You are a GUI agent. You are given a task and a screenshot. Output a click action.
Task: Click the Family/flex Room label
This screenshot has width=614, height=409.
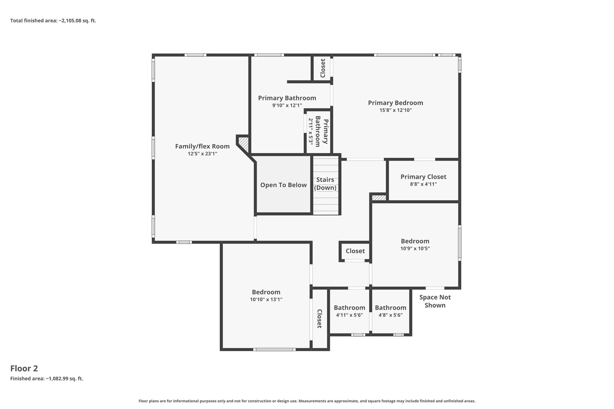point(202,147)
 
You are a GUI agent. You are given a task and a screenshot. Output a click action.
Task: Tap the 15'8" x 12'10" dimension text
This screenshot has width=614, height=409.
point(395,110)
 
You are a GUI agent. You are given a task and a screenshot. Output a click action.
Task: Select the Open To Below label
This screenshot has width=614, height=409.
point(283,185)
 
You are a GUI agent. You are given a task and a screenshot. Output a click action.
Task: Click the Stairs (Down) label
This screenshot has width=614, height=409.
point(325,184)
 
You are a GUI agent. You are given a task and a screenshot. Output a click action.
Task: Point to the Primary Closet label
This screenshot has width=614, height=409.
point(423,177)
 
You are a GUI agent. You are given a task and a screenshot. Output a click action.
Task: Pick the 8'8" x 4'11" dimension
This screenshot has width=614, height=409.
point(423,184)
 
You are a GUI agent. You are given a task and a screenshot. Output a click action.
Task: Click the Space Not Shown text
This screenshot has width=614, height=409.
point(435,301)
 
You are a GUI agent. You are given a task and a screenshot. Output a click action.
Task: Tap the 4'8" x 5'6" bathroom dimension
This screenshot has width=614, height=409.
point(390,315)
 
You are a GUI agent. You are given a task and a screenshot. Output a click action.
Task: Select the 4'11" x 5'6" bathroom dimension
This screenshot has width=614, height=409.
point(349,315)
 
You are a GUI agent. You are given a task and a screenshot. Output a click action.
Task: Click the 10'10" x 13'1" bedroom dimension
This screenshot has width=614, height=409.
point(266,299)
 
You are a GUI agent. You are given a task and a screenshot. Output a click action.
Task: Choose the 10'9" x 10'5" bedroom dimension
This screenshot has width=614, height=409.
point(415,248)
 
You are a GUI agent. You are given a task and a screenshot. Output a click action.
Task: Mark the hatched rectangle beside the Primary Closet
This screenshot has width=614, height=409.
point(379,198)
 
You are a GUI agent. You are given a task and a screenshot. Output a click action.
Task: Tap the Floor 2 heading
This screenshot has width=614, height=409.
point(24,369)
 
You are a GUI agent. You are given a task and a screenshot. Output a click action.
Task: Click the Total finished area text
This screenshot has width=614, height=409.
point(53,21)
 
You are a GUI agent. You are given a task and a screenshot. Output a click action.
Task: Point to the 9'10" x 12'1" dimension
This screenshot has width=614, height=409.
point(287,105)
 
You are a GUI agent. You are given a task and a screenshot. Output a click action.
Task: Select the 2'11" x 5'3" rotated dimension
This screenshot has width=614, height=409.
point(311,132)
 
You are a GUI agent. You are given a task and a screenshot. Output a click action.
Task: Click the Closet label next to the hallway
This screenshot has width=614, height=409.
point(355,251)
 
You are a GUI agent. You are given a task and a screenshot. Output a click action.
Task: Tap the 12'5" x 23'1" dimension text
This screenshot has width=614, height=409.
point(202,154)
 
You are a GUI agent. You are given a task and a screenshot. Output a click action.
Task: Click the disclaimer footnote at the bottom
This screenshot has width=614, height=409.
point(307,401)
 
